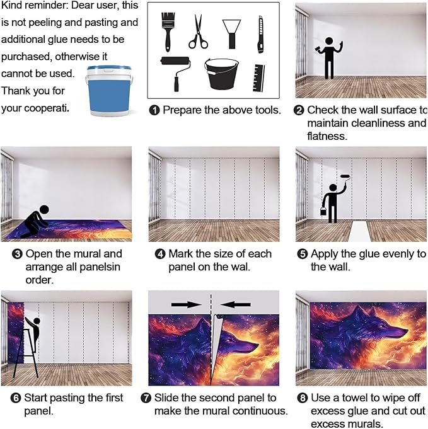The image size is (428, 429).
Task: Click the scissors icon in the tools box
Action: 198,32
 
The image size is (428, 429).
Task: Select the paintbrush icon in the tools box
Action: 168,31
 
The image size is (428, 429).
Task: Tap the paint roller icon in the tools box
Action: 176,73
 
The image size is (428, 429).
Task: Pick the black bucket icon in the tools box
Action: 221,74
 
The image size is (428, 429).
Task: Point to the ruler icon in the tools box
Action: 258,78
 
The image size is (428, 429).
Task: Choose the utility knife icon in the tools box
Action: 261,35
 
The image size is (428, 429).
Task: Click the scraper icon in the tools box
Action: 232,34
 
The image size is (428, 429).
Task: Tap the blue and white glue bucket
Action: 109,91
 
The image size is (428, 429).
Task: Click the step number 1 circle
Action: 154,110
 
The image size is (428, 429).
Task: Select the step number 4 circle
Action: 160,254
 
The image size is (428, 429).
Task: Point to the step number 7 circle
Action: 146,398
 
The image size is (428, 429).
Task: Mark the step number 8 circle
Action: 303,398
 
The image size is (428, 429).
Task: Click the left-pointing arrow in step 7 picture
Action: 235,304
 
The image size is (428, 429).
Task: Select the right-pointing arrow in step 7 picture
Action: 187,304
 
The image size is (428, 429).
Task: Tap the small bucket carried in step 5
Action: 323,211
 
